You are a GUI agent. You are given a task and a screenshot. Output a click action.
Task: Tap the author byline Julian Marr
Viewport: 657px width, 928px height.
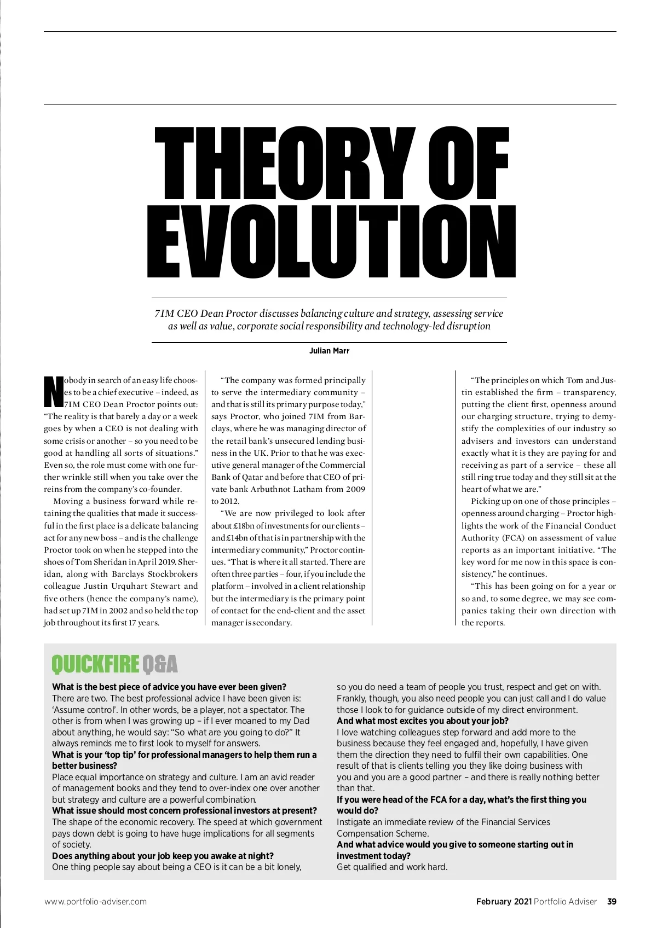[330, 351]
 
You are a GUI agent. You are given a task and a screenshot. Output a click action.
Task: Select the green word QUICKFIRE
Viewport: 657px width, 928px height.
[95, 664]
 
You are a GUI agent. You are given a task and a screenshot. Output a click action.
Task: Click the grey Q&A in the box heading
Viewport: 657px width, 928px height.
[160, 664]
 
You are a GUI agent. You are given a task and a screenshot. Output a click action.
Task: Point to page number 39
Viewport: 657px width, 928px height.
[612, 902]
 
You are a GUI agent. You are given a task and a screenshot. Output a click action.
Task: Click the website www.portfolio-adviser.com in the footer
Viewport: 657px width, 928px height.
[95, 902]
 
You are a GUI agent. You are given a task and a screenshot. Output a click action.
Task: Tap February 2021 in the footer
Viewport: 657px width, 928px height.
[504, 902]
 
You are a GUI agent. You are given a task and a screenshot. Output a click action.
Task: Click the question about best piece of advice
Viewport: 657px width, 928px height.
[169, 687]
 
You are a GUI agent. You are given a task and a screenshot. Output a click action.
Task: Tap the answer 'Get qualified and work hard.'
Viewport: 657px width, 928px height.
[392, 867]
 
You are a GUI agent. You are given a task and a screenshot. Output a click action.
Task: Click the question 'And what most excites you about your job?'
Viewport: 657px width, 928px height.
[423, 721]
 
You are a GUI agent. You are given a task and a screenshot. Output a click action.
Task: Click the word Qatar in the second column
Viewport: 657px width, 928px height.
[251, 477]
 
